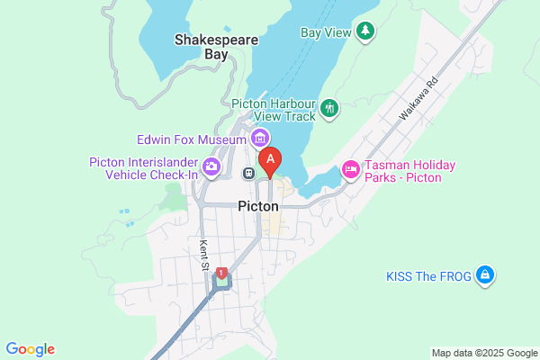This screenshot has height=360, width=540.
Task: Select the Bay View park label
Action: (x=324, y=32)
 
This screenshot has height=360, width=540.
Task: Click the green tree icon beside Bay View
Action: (x=365, y=32)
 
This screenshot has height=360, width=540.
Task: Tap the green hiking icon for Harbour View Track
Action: (x=330, y=109)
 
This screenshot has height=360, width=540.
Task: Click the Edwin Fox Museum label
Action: (x=191, y=139)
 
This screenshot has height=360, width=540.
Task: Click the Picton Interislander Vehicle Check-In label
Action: (x=143, y=168)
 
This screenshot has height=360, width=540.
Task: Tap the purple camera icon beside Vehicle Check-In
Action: (x=211, y=166)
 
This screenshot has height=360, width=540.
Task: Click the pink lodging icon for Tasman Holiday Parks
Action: (x=350, y=168)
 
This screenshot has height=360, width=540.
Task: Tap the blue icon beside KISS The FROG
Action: (x=485, y=274)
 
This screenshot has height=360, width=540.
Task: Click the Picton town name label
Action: (x=258, y=206)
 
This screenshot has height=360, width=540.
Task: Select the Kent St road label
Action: (x=204, y=255)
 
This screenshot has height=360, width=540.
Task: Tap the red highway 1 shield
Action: (x=221, y=272)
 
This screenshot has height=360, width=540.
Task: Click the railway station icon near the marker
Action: (x=248, y=173)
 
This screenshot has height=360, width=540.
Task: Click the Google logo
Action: (x=30, y=349)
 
